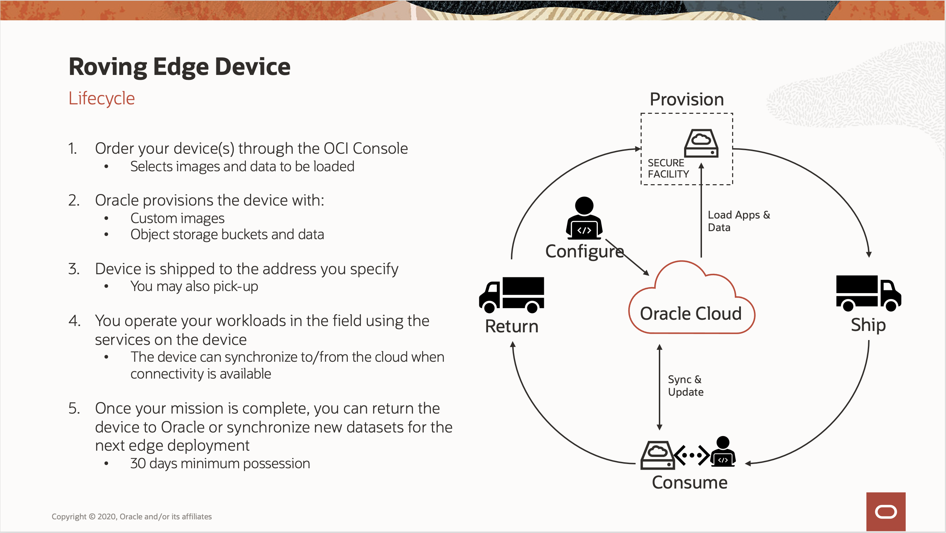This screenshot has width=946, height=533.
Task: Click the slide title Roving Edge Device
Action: coord(179,67)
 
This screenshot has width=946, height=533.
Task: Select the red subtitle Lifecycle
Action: coord(102,98)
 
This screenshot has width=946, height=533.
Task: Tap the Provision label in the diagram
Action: coord(687,99)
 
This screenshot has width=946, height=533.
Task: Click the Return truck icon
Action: coord(512,295)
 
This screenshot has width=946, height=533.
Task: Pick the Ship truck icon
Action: coord(869,293)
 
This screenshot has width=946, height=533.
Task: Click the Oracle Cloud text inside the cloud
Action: coord(690,314)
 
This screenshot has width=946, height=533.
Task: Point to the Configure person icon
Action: coord(584,218)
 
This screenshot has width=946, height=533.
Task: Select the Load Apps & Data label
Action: coord(738,221)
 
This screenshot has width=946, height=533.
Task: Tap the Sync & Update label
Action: coord(685,386)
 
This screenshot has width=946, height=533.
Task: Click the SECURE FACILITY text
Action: coord(668,168)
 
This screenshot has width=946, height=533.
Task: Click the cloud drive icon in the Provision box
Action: coord(701,143)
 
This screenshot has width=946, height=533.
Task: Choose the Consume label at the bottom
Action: coord(689,482)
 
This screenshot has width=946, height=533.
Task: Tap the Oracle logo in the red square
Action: coord(885,512)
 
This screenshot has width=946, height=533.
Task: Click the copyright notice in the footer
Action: coord(131,517)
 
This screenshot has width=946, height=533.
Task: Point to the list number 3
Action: coord(73,269)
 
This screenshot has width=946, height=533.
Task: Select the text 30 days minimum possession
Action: coord(220,464)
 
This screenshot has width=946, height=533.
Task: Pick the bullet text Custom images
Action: coord(177,218)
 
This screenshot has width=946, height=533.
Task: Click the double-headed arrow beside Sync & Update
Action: coord(660,387)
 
